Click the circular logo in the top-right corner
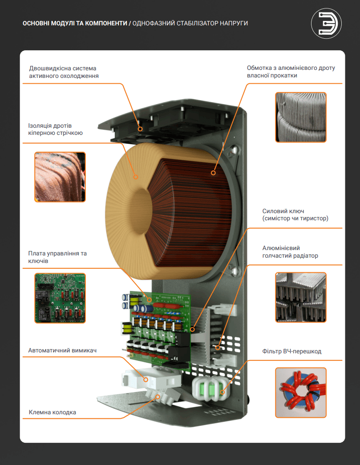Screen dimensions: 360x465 [x=326, y=24]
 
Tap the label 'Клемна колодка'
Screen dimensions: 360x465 [x=52, y=412]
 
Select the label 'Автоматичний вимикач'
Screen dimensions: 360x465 [x=62, y=350]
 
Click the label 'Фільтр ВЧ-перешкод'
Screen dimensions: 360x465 [x=292, y=351]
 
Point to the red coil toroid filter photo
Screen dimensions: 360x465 [x=301, y=392]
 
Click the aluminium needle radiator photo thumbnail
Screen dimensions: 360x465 [x=301, y=297]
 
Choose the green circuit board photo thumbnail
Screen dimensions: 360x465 [x=60, y=298]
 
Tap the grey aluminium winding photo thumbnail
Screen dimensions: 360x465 [x=301, y=117]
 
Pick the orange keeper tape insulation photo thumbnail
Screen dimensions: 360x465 [x=60, y=177]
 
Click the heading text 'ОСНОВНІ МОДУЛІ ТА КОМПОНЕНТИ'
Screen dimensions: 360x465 [x=75, y=23]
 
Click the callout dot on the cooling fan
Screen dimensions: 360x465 [x=140, y=129]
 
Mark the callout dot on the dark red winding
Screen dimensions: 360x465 [x=213, y=173]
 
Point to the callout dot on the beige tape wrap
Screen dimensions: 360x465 [x=136, y=177]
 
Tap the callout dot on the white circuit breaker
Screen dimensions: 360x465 [x=146, y=379]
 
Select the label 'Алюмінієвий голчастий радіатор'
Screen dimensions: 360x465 [x=290, y=252]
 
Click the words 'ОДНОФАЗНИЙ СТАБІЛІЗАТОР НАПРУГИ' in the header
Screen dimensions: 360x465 [x=190, y=23]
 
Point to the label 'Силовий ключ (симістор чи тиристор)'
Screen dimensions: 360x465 [x=295, y=215]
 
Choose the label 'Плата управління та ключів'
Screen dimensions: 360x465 [x=57, y=257]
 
